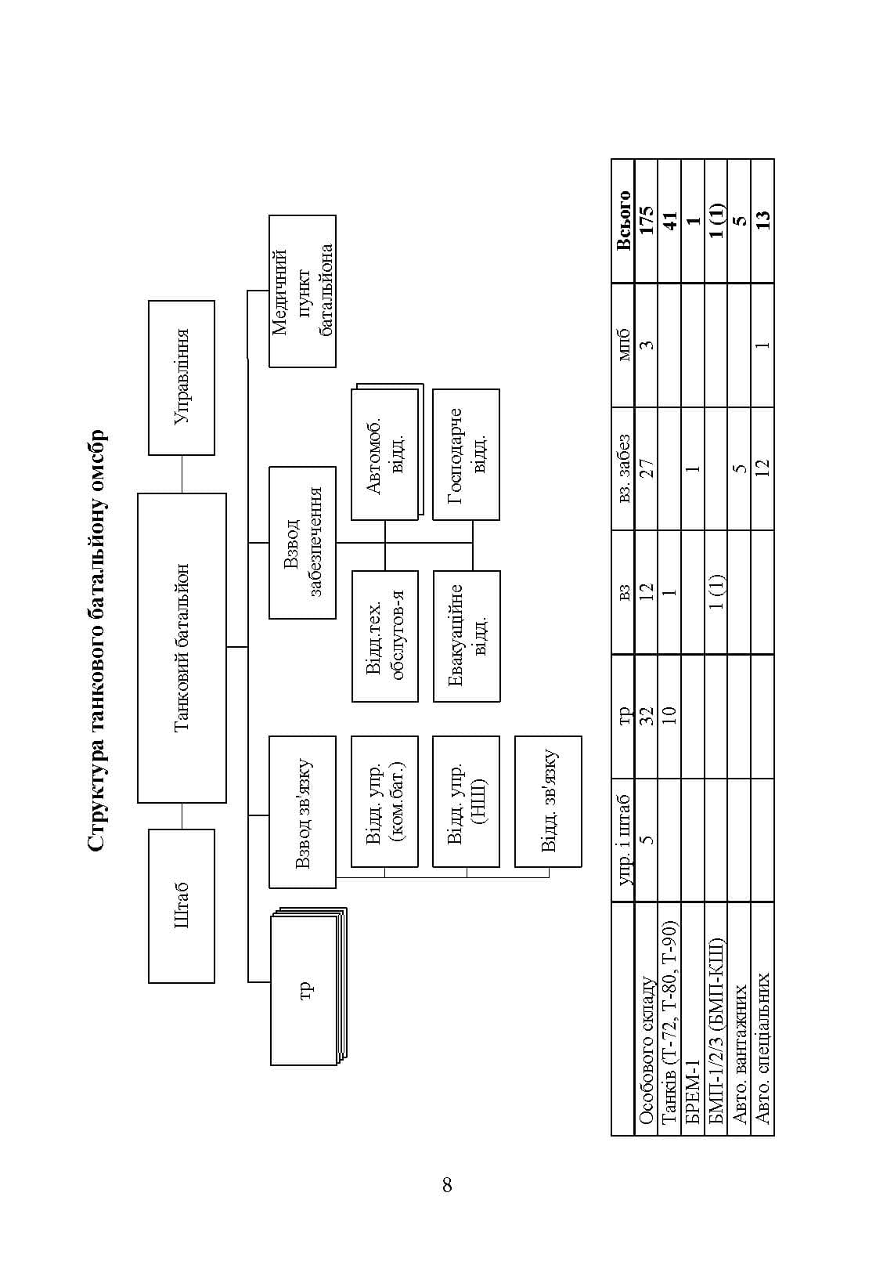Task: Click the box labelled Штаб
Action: pyautogui.click(x=181, y=905)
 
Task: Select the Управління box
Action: pyautogui.click(x=181, y=378)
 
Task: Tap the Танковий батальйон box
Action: pyautogui.click(x=182, y=648)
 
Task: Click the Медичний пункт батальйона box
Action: pyautogui.click(x=302, y=291)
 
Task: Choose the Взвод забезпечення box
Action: pyautogui.click(x=302, y=542)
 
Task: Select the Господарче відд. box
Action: pyautogui.click(x=467, y=454)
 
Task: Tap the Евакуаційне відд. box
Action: pyautogui.click(x=467, y=636)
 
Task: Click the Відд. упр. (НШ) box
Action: pyautogui.click(x=467, y=801)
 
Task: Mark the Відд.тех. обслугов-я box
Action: pyautogui.click(x=385, y=636)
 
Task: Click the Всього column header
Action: pyautogui.click(x=623, y=220)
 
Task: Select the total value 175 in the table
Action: pyautogui.click(x=646, y=219)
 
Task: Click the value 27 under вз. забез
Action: pyautogui.click(x=646, y=468)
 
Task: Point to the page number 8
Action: pyautogui.click(x=447, y=1185)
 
